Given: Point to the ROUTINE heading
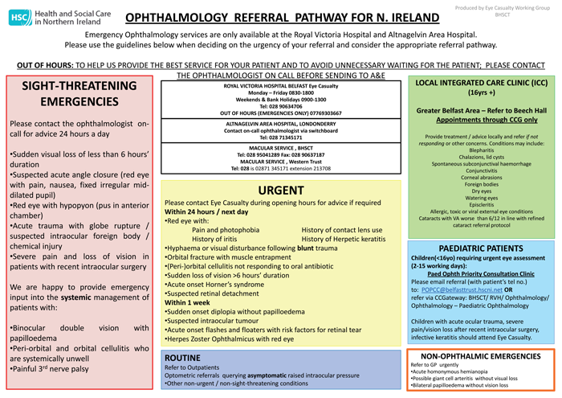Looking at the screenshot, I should click(188, 357).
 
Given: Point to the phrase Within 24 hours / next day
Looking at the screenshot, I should click(206, 212).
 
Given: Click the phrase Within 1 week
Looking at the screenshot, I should click(190, 301).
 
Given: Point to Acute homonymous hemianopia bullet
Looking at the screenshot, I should click(456, 371).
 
